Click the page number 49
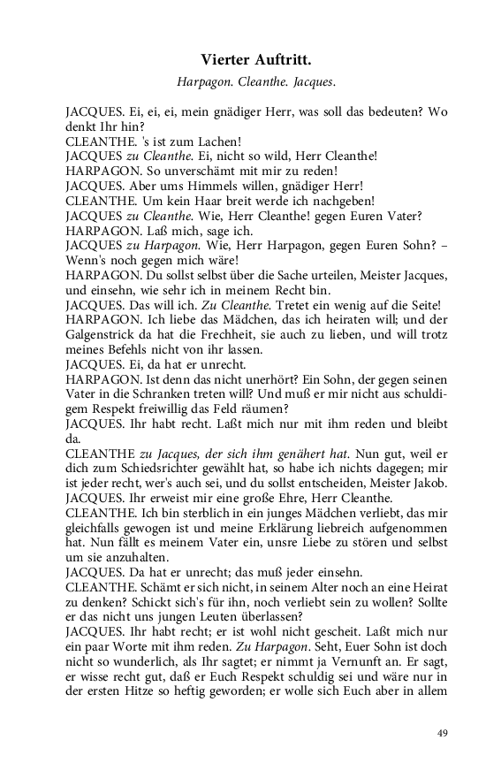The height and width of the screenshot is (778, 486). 444,733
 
